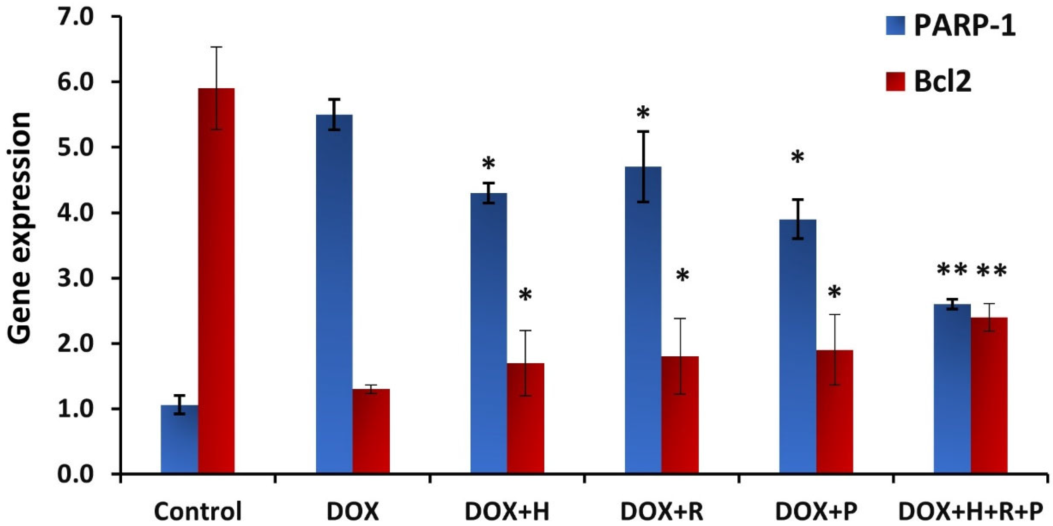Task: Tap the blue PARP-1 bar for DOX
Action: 334,294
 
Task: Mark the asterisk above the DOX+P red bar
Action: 834,293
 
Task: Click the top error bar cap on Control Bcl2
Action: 216,47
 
